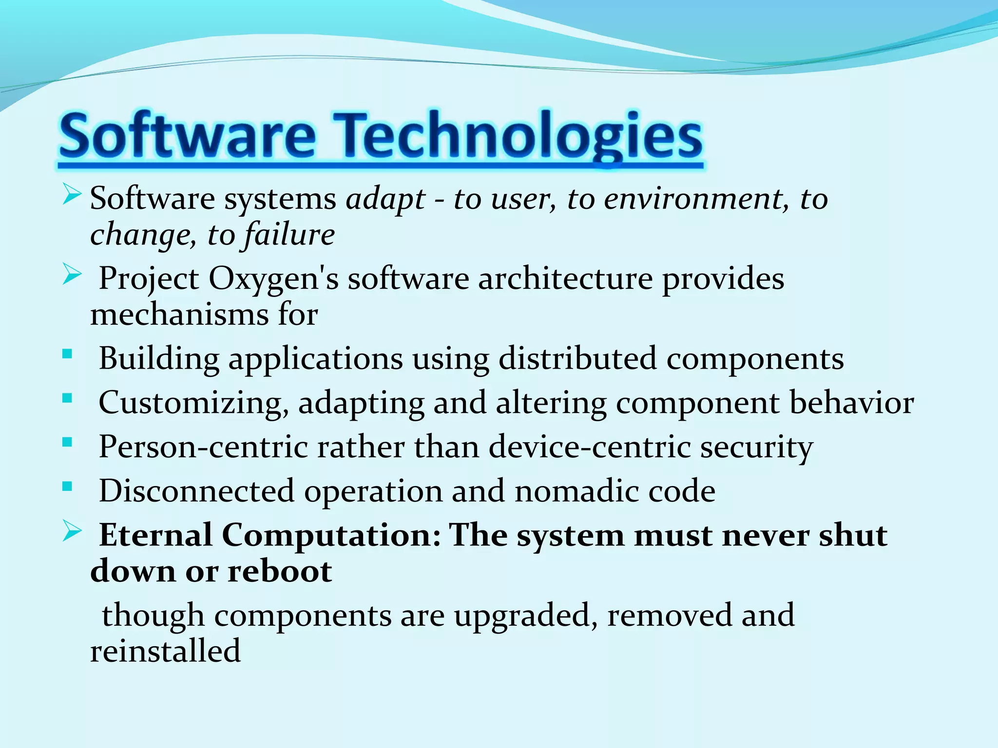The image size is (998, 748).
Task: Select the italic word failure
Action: pos(289,235)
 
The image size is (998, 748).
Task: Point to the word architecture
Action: pos(565,279)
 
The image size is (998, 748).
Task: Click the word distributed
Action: pos(577,359)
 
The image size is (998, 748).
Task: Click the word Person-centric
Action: pos(203,447)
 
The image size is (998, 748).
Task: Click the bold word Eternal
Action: pos(155,535)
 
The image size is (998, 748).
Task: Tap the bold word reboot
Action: pos(280,571)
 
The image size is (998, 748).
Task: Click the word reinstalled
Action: pos(165,651)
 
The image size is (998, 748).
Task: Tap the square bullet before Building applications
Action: pos(67,354)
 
